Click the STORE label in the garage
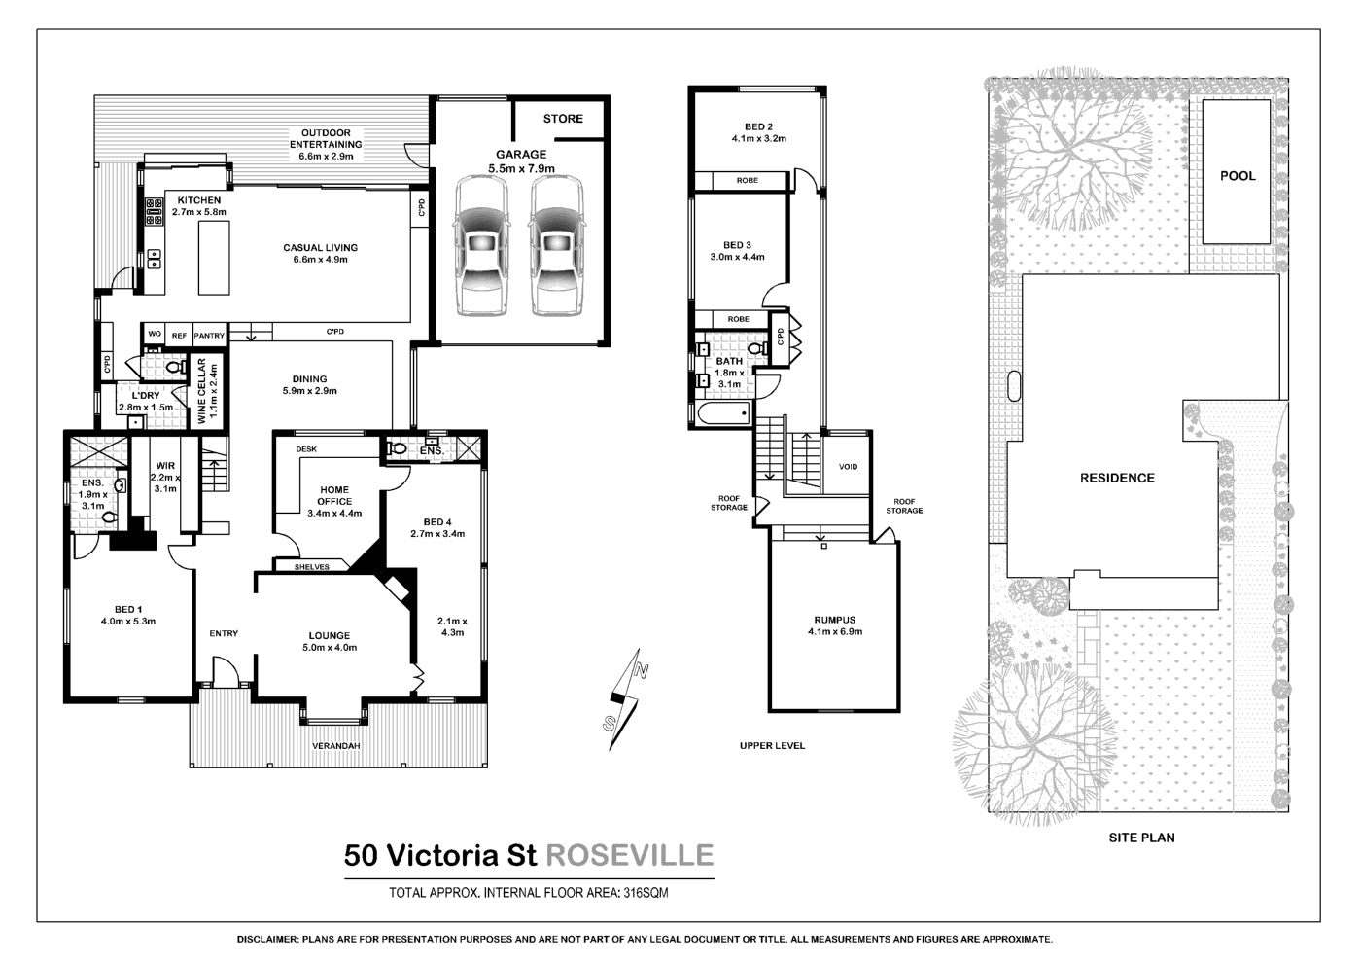pos(563,119)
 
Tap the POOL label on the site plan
pos(1238,176)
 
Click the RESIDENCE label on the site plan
pos(1117,478)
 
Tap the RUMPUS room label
pos(834,620)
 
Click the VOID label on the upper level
pos(848,467)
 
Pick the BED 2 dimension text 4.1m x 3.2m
pos(758,139)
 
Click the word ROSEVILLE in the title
pos(630,855)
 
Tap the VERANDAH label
pos(335,746)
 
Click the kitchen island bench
pos(214,258)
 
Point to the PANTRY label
pos(209,336)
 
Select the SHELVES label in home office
pos(312,567)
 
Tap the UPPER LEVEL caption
pos(772,746)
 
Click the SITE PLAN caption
pos(1141,838)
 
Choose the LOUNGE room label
pos(330,636)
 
